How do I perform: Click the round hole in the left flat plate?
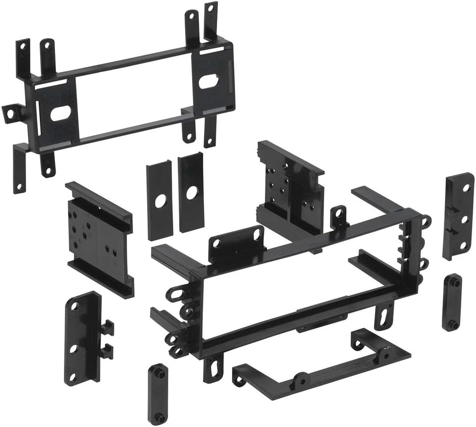(160, 201)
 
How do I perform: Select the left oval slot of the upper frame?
(59, 112)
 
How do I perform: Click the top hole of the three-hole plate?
(466, 188)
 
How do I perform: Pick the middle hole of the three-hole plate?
(464, 217)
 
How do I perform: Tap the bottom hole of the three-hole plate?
(464, 245)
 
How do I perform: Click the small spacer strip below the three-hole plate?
(451, 302)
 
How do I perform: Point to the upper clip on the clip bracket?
(106, 327)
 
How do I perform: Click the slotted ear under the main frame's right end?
(383, 317)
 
